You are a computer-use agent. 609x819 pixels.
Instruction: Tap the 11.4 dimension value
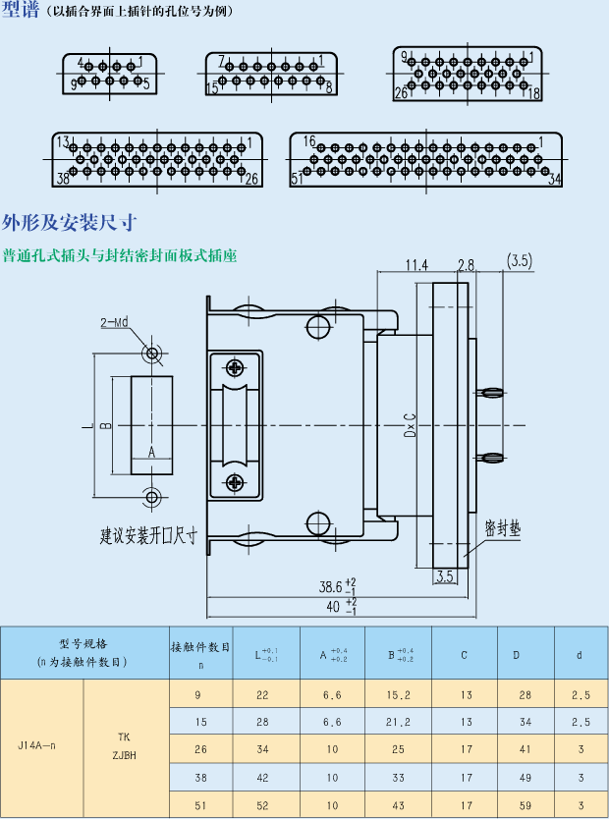(x=417, y=264)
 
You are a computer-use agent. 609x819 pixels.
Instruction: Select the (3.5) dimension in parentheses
(x=520, y=260)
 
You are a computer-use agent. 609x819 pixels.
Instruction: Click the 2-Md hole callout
(x=114, y=322)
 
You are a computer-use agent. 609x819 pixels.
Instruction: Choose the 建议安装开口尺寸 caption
(x=148, y=536)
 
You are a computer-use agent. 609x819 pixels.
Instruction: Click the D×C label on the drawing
(x=410, y=424)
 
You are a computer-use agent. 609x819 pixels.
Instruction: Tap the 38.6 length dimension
(x=331, y=586)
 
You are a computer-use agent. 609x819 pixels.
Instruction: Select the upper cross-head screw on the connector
(x=236, y=368)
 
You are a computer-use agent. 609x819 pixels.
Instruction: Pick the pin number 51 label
(x=297, y=179)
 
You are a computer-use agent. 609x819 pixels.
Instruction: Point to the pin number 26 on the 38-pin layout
(x=251, y=179)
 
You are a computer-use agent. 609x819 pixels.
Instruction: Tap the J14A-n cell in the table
(x=37, y=746)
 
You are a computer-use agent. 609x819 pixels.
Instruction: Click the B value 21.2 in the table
(x=398, y=722)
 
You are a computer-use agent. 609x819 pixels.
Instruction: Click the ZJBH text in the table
(x=124, y=756)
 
